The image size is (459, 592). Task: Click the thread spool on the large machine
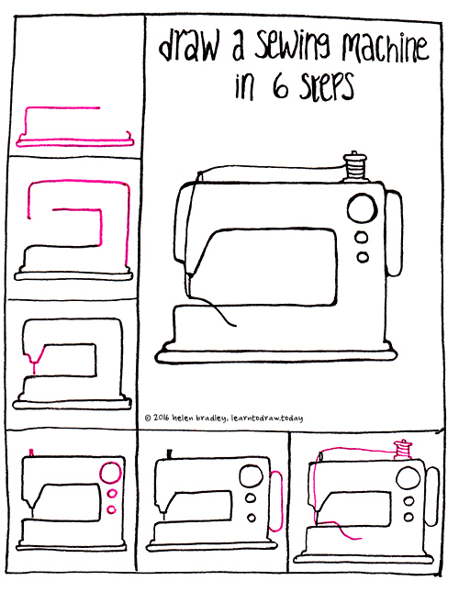[x=353, y=169]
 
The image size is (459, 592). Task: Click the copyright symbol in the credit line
[x=149, y=419]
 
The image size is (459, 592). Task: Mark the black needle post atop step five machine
[x=170, y=453]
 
